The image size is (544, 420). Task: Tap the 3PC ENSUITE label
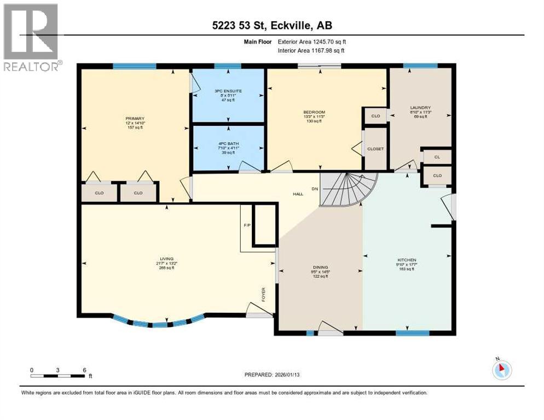tap(228, 91)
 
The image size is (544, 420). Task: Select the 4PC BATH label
tap(228, 144)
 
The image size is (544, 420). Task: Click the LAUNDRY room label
tap(421, 108)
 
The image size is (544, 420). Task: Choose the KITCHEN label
tap(407, 260)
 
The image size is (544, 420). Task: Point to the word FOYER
tap(263, 296)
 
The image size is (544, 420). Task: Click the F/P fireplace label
tap(246, 224)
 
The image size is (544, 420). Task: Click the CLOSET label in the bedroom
tap(375, 149)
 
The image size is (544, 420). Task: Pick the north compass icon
tap(501, 370)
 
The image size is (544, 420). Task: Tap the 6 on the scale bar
tap(84, 370)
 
